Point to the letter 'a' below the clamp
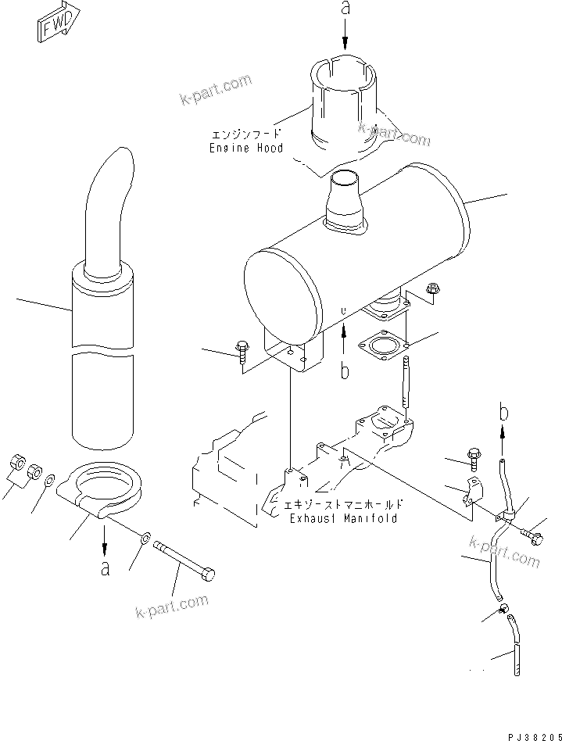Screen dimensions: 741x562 coord(106,568)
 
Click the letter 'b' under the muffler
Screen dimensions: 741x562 coord(345,370)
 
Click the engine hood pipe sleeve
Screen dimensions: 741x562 coord(343,102)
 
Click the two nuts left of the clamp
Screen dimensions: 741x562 coord(26,468)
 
